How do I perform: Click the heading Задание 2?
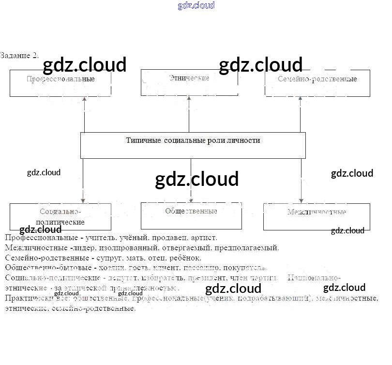point(19,55)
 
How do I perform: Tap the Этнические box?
point(189,82)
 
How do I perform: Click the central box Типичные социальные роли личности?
point(193,145)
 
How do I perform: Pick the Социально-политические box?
point(60,216)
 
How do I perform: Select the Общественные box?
point(191,215)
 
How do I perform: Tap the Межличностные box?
point(317,216)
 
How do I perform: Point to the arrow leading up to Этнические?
point(189,114)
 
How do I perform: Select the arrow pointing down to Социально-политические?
point(83,181)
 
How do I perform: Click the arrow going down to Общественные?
point(191,181)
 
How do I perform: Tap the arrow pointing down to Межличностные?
point(301,181)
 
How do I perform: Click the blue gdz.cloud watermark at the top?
point(196,6)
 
